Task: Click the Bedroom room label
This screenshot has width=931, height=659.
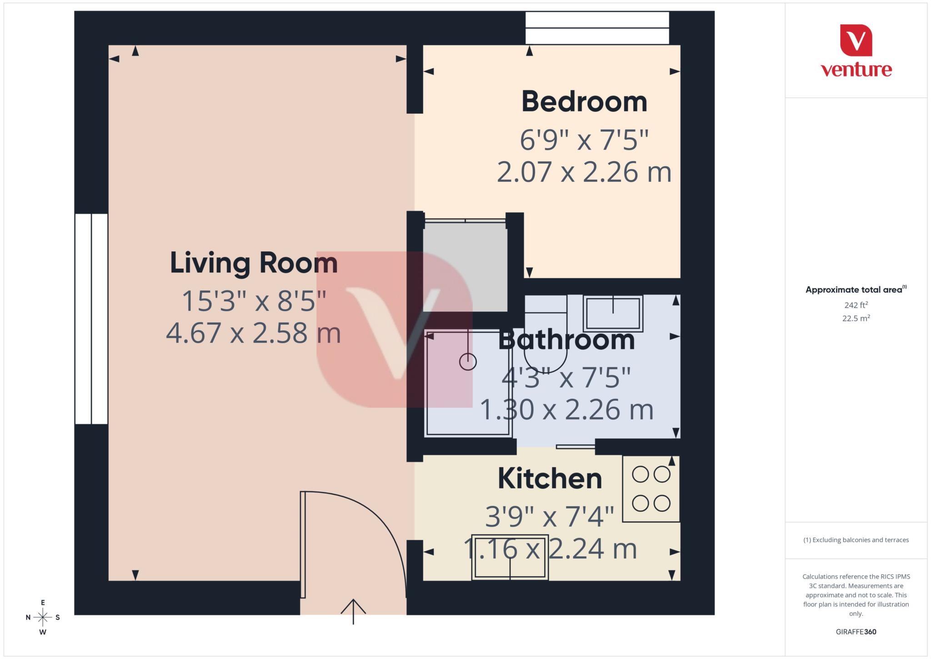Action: pos(584,102)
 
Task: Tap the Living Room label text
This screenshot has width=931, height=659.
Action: pos(254,263)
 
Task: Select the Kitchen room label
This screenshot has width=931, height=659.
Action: pos(550,479)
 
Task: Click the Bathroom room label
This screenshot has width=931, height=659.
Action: pos(566,340)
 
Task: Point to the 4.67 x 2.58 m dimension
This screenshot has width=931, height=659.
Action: pos(253,333)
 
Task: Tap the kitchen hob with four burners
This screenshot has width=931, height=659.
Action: pos(651,489)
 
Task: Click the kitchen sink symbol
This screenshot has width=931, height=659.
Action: pos(510,557)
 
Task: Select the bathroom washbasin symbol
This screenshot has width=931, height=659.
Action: pos(613,313)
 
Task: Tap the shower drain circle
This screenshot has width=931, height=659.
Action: pos(468,362)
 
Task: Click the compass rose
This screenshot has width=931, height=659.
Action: pos(43,617)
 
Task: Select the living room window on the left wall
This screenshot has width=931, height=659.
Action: pos(91,319)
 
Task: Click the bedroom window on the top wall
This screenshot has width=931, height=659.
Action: pos(597,28)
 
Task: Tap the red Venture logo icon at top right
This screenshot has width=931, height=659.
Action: pos(856,40)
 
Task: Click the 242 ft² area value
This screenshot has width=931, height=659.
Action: pos(856,305)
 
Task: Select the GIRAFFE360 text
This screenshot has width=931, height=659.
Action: pos(856,632)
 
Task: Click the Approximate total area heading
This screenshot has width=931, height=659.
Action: pos(855,290)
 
